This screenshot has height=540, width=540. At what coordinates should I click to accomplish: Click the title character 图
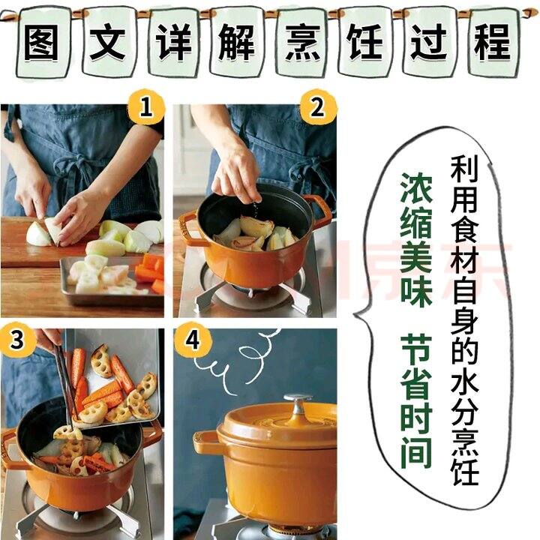click(43, 43)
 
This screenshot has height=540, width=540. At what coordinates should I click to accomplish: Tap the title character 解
click(237, 43)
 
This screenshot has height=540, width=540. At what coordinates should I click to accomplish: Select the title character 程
click(493, 43)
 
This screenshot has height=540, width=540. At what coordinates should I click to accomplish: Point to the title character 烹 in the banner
click(301, 43)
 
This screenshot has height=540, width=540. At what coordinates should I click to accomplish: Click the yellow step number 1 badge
click(145, 106)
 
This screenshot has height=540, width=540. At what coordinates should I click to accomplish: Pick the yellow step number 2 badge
click(317, 106)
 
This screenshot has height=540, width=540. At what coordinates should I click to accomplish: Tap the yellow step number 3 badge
click(17, 340)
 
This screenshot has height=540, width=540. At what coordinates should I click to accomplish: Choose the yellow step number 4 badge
click(192, 340)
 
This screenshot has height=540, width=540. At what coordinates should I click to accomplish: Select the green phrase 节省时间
click(416, 401)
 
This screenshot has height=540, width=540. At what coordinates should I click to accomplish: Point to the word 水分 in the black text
click(464, 400)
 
